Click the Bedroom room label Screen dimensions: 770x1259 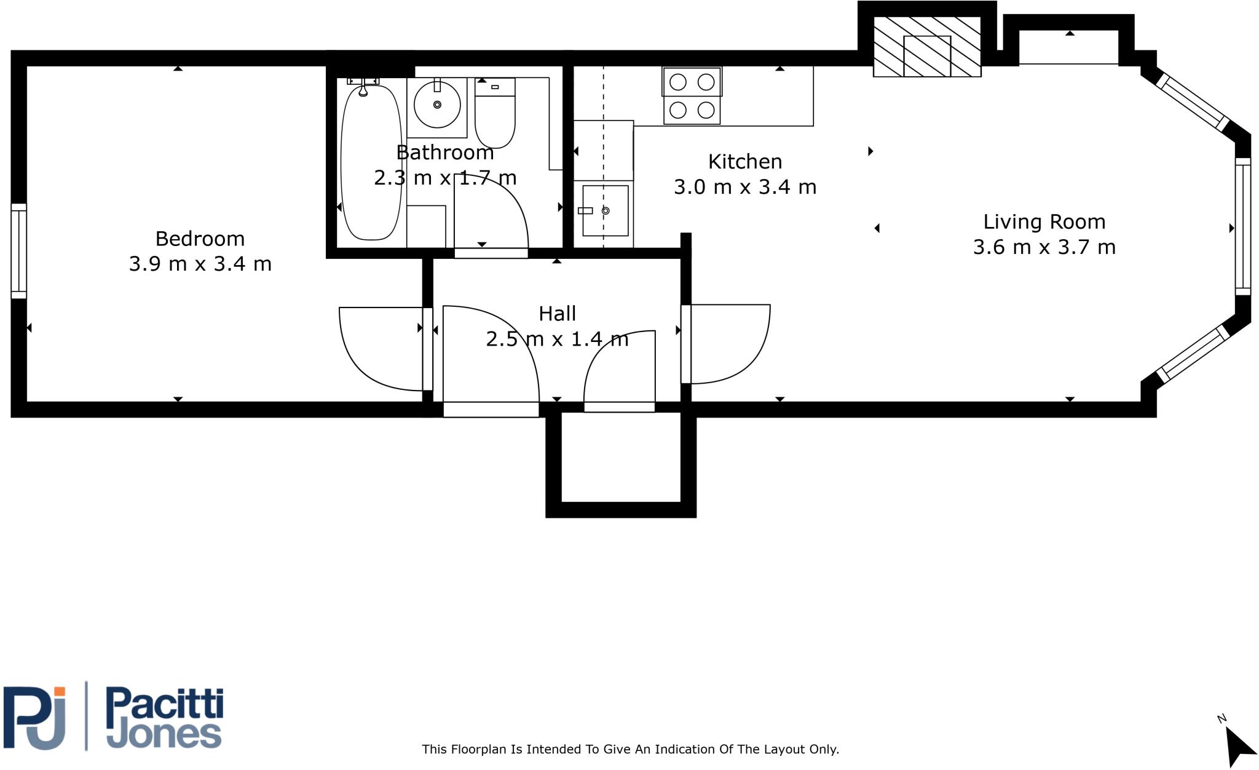pyautogui.click(x=200, y=239)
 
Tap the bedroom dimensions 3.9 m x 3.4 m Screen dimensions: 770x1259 pyautogui.click(x=200, y=264)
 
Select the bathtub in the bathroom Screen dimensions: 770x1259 pyautogui.click(x=371, y=163)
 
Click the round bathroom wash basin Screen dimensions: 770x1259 pyautogui.click(x=437, y=105)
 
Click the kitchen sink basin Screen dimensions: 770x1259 pyautogui.click(x=606, y=210)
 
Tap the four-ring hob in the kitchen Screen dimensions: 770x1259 pyautogui.click(x=692, y=96)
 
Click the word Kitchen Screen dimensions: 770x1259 pyautogui.click(x=745, y=162)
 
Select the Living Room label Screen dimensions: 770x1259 pyautogui.click(x=1044, y=222)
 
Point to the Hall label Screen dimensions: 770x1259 pyautogui.click(x=557, y=314)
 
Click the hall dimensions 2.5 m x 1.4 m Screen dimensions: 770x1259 pyautogui.click(x=557, y=339)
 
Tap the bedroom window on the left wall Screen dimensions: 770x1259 pyautogui.click(x=18, y=251)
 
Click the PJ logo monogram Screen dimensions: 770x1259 pyautogui.click(x=36, y=718)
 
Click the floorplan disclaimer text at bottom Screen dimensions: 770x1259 pyautogui.click(x=630, y=749)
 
